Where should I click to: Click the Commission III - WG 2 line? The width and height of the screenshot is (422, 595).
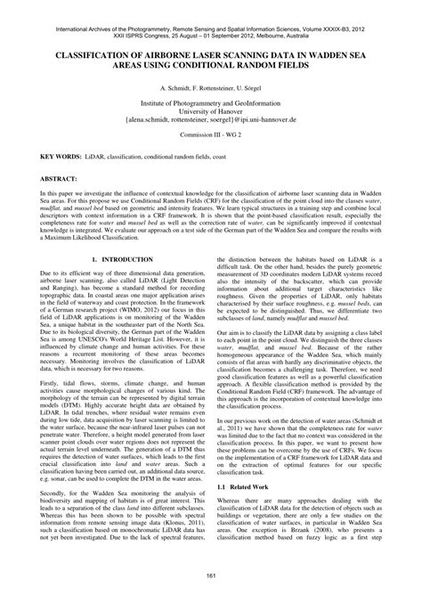[211, 133]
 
